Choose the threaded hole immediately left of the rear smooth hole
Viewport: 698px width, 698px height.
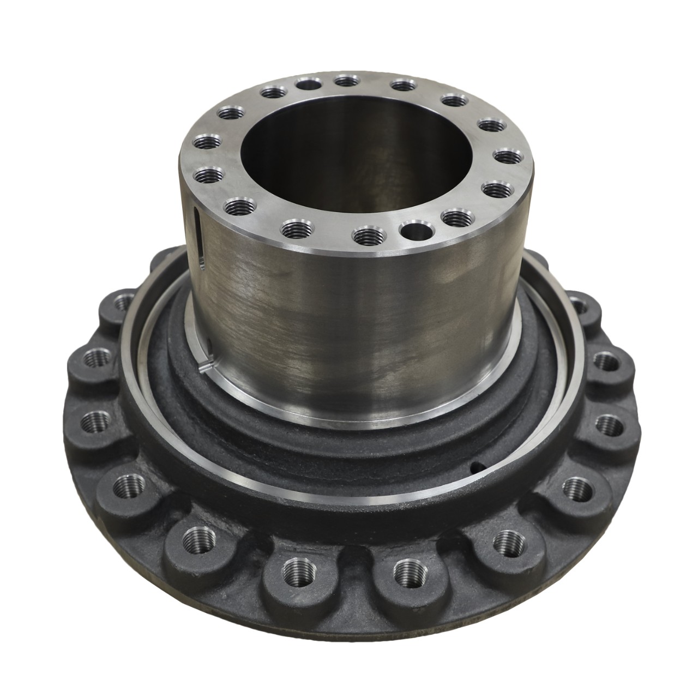click(271, 93)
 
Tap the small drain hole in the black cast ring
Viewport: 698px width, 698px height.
click(477, 465)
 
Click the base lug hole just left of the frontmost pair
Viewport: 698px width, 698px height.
click(195, 540)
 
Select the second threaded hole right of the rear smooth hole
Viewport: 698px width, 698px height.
click(402, 86)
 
